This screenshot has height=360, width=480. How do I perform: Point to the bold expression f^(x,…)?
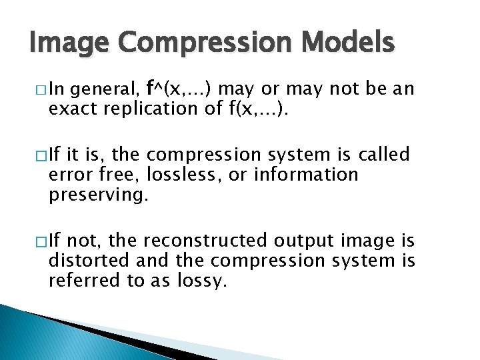click(180, 89)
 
